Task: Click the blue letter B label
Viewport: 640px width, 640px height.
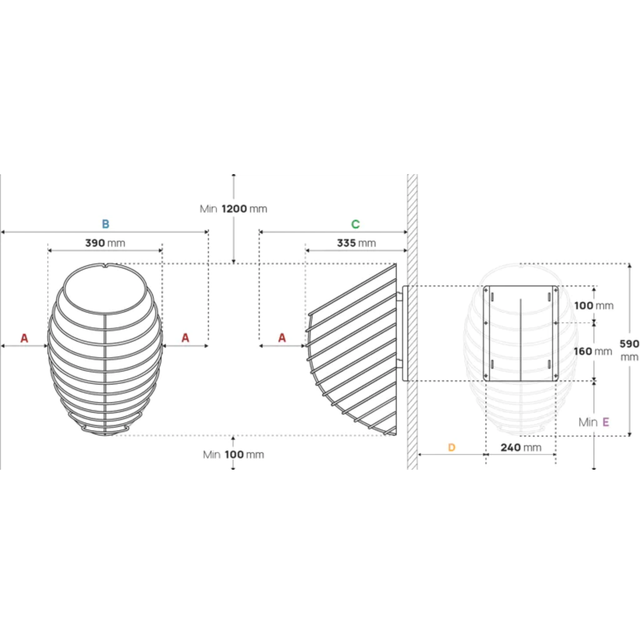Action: pos(105,224)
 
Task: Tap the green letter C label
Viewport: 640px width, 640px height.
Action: pos(355,224)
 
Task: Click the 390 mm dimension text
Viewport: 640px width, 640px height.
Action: pos(105,243)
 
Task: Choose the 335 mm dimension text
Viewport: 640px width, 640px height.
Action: pos(357,243)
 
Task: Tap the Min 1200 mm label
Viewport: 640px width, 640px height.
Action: pos(233,209)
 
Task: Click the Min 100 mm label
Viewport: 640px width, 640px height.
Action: pos(233,454)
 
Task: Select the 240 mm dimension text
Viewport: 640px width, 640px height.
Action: pos(521,447)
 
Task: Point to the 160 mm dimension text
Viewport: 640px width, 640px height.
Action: pos(592,351)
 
